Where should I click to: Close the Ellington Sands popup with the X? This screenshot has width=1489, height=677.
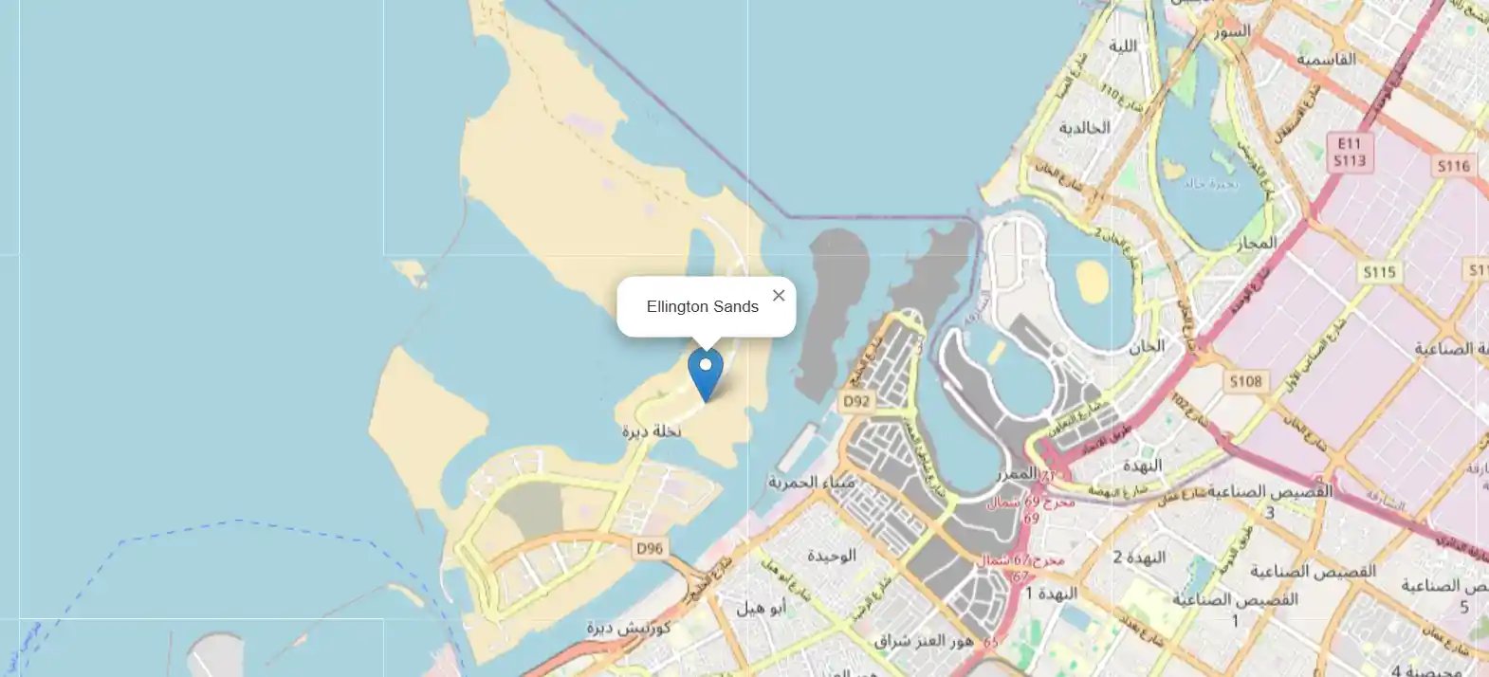tap(779, 295)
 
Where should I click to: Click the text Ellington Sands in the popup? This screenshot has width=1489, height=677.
tap(702, 306)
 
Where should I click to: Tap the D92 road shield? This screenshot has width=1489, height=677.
tap(855, 401)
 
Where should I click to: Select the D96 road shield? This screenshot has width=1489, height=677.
tap(650, 548)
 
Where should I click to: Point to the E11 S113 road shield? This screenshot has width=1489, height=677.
tap(1349, 152)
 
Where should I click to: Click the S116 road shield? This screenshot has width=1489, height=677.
tap(1453, 166)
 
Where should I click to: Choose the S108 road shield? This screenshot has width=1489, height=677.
tap(1245, 381)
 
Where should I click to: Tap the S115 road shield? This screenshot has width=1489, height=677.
tap(1379, 272)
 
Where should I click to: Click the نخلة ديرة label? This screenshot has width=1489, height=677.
tap(652, 431)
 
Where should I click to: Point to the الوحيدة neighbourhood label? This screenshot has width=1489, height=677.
tap(831, 556)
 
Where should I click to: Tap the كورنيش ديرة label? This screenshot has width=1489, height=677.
tap(628, 628)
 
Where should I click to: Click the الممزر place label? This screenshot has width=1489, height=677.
tap(1017, 472)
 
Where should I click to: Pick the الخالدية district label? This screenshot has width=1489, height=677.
tap(1084, 127)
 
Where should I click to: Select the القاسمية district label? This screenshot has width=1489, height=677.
tap(1326, 59)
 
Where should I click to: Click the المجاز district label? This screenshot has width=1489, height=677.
tap(1257, 244)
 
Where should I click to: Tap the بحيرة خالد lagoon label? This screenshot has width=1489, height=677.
tap(1210, 183)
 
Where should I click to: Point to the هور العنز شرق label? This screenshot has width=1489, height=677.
tap(924, 641)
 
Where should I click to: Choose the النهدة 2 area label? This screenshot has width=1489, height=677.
tap(1139, 557)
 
